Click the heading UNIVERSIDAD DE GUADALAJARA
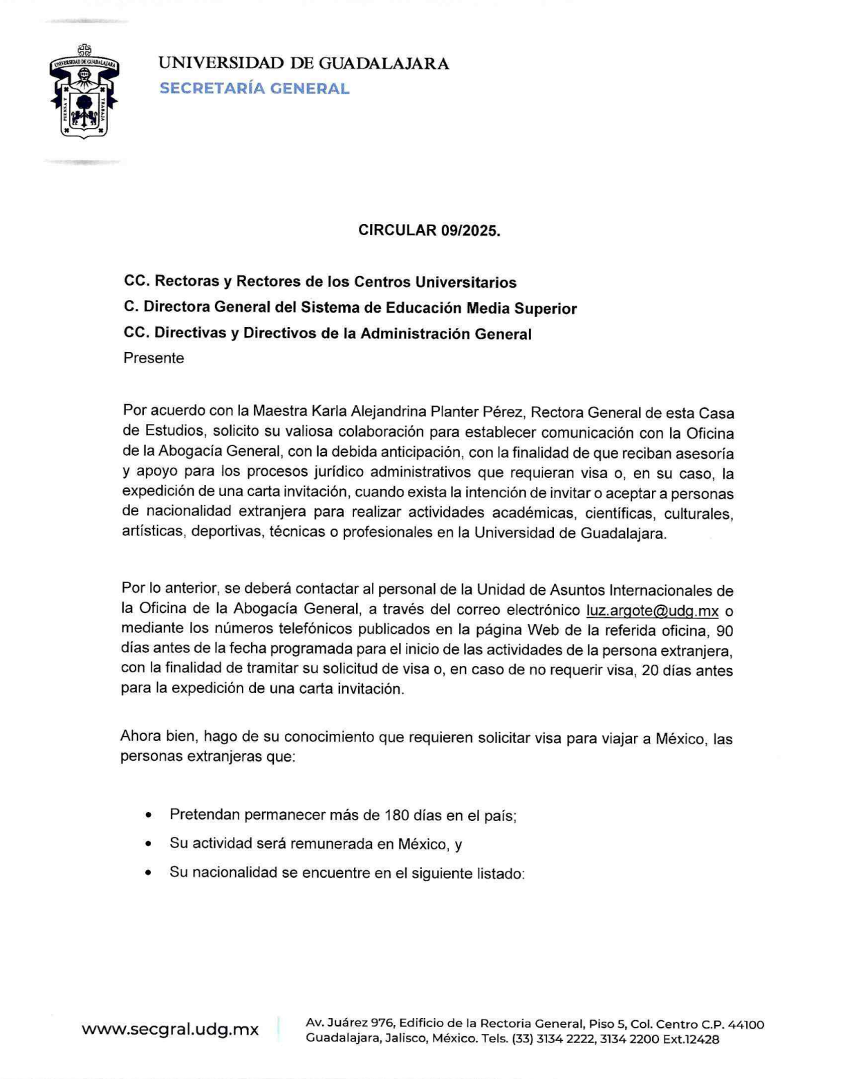[303, 64]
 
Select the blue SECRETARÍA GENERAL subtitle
[254, 89]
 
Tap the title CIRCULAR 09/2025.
[429, 230]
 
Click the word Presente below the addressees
[154, 358]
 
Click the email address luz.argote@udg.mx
[652, 611]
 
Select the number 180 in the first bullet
[397, 815]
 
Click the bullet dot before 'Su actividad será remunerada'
[149, 844]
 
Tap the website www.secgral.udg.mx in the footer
[170, 1029]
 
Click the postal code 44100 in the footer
[746, 1024]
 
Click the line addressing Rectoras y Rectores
[320, 282]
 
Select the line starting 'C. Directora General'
[350, 308]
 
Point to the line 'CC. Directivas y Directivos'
[328, 333]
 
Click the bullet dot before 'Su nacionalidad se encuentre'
[149, 873]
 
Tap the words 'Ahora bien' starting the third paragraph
[157, 736]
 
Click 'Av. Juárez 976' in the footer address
[349, 1023]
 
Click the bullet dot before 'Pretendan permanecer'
[149, 815]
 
